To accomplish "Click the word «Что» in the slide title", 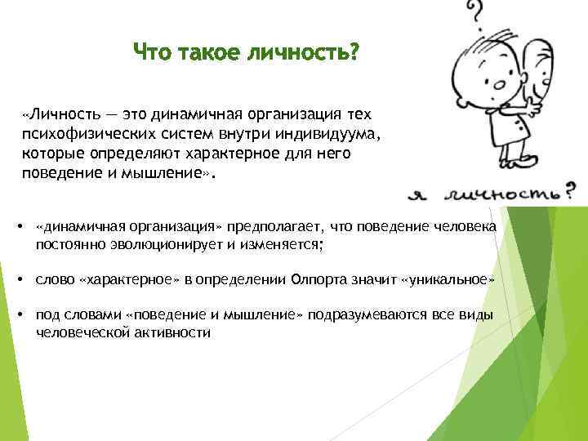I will (x=152, y=54).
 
